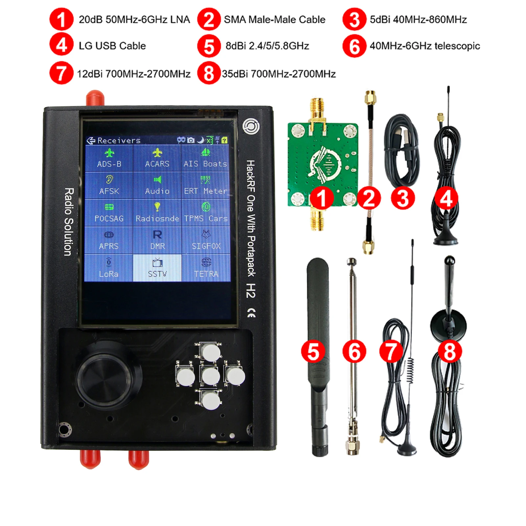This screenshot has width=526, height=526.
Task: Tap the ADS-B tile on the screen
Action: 109,158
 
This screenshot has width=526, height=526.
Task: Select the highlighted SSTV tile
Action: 157,268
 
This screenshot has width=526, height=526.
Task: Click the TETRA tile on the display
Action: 206,268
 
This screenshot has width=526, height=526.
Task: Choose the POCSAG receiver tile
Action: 109,213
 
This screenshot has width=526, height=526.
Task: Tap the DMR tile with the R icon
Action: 157,240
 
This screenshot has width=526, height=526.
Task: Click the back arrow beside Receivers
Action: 90,141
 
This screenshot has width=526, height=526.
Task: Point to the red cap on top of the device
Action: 95,98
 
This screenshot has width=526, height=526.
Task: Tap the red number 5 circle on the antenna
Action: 313,351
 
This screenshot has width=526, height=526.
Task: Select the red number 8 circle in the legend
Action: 209,73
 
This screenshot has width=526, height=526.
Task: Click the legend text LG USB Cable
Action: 112,46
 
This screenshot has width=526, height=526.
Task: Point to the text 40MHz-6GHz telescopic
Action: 424,46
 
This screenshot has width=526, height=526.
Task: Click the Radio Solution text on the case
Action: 69,222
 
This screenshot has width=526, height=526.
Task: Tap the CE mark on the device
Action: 251,313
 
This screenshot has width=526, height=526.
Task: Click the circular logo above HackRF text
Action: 251,126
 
